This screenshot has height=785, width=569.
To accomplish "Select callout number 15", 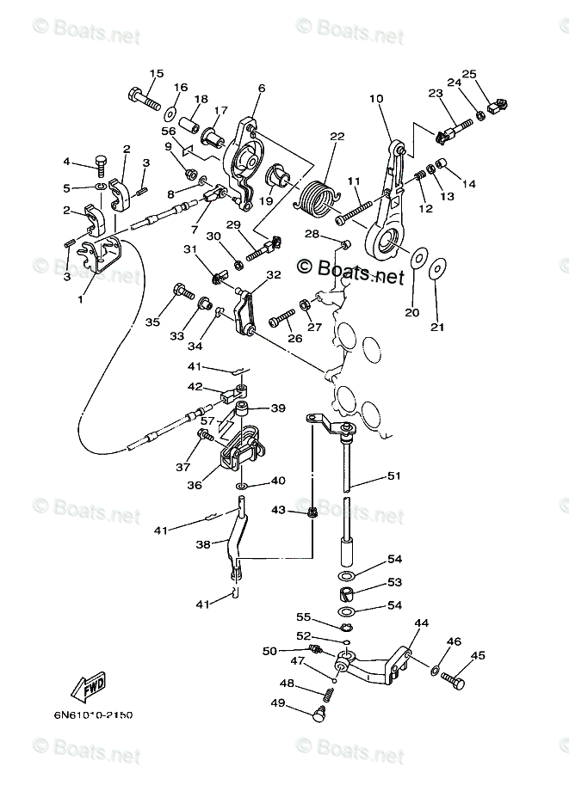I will coord(156,73).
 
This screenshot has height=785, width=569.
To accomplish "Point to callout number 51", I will coord(393,475).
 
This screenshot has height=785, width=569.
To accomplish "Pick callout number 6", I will coord(261,88).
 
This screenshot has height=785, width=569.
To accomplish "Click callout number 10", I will coord(375,99).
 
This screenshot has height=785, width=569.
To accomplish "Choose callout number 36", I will coord(195,485).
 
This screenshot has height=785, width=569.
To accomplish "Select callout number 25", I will coord(469,74).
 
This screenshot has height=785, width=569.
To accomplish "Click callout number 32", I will coord(273,275).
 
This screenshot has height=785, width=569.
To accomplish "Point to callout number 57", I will coord(207,420).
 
